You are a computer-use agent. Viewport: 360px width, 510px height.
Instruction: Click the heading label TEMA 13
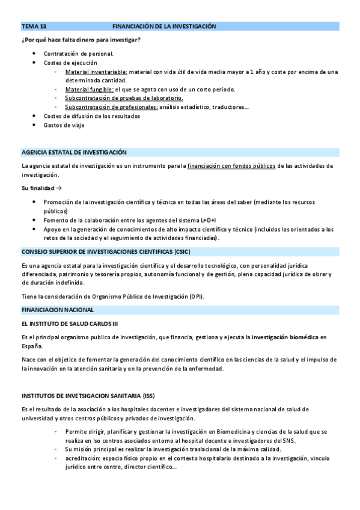point(34,26)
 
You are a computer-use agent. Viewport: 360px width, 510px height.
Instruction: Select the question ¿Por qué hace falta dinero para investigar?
point(81,40)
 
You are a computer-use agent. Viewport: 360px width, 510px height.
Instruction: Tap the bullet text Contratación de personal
point(78,54)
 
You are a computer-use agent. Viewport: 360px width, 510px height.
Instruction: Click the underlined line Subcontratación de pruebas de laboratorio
point(124,98)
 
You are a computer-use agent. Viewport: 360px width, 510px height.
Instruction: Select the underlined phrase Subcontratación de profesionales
point(111,107)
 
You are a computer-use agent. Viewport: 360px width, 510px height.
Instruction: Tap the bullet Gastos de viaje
point(64,125)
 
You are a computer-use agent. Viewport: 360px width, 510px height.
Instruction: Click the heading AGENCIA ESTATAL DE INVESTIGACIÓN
point(74,152)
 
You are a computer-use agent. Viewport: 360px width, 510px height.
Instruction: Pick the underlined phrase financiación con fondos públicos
point(231,165)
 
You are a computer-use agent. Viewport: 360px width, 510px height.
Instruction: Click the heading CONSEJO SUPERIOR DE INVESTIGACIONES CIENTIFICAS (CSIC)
point(106,251)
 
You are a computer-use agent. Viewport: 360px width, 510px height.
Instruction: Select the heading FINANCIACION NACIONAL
point(58,310)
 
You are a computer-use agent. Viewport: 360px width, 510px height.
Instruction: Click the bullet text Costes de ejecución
point(70,63)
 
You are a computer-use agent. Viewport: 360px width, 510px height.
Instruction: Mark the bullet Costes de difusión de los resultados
point(92,116)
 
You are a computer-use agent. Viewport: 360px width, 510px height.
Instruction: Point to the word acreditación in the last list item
point(83,458)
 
